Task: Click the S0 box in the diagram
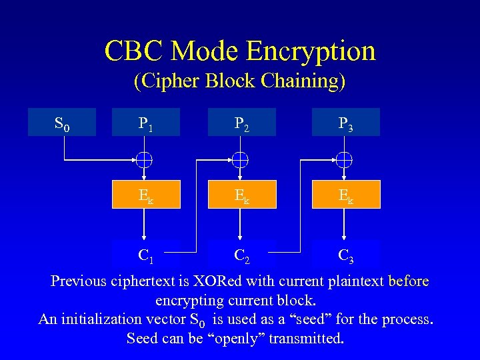pyautogui.click(x=62, y=123)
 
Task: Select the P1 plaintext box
pyautogui.click(x=145, y=123)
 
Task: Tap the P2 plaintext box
pyautogui.click(x=241, y=123)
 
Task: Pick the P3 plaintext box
pyautogui.click(x=345, y=123)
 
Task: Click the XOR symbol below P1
pyautogui.click(x=145, y=159)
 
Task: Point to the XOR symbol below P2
pyautogui.click(x=241, y=159)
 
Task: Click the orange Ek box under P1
pyautogui.click(x=145, y=194)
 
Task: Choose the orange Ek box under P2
pyautogui.click(x=241, y=194)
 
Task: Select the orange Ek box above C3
pyautogui.click(x=345, y=194)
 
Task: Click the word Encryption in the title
pyautogui.click(x=311, y=51)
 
